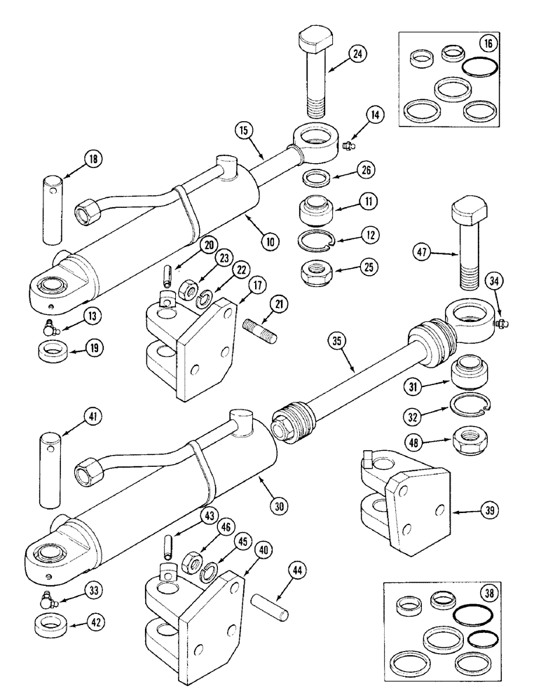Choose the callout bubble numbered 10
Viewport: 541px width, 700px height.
point(268,241)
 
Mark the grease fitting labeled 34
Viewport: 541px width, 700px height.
point(503,323)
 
